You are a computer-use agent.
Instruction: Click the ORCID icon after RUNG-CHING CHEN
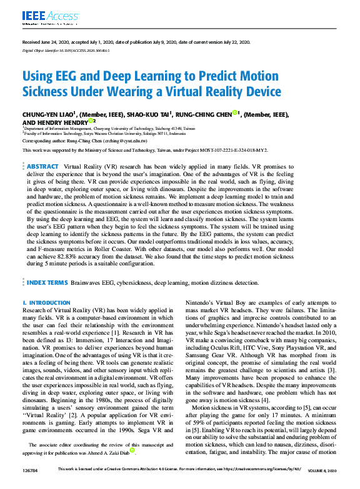236,113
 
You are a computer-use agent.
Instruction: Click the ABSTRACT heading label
42,167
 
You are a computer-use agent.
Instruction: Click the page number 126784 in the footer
30,485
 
